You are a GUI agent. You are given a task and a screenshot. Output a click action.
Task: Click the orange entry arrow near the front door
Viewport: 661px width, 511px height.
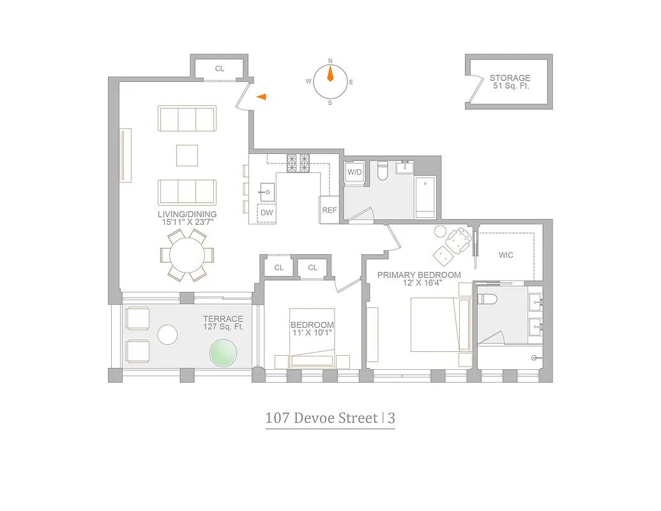[x=261, y=96]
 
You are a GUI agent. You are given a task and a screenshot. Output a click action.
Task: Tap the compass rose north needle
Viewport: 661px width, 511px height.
[x=330, y=74]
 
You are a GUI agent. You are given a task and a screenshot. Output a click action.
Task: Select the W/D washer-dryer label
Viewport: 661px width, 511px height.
[x=354, y=172]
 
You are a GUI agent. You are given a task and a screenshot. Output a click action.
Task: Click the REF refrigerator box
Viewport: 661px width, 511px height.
[x=329, y=210]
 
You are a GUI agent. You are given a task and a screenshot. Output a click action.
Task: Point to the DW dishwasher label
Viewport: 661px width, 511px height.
[x=267, y=213]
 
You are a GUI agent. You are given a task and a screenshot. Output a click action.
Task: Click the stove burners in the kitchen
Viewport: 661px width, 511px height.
[x=298, y=163]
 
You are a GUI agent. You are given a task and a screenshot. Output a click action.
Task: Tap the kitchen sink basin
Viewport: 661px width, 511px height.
[x=267, y=190]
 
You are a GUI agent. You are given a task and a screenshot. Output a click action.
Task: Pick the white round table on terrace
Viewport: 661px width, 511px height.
[x=167, y=335]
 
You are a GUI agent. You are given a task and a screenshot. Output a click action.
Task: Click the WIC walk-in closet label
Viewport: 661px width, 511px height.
[x=506, y=256]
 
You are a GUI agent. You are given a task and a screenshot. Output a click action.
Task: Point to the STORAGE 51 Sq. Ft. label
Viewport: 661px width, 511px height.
[x=510, y=82]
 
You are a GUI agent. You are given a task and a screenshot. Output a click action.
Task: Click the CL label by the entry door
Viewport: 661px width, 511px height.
[x=219, y=68]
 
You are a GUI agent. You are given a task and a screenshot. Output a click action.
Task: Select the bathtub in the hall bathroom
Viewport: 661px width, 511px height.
[x=425, y=196]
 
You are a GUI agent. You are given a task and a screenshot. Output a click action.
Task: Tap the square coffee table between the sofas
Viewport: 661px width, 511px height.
[x=187, y=155]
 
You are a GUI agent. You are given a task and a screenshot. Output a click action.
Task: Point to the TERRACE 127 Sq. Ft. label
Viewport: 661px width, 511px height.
[x=223, y=323]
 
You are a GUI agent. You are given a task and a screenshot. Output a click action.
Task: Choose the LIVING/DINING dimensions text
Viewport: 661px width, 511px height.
[x=187, y=218]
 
